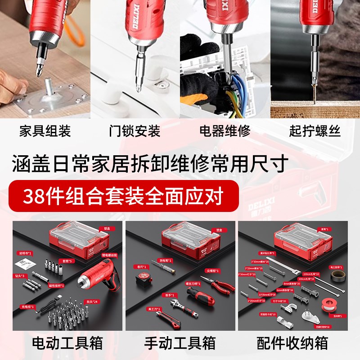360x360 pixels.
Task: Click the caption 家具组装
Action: tap(45, 131)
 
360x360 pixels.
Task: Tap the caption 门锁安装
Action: tap(135, 131)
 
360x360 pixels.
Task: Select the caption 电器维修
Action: tap(225, 131)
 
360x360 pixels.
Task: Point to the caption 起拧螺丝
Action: tap(315, 131)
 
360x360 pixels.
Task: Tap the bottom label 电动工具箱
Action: tap(67, 344)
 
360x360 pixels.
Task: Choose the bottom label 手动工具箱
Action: tap(180, 344)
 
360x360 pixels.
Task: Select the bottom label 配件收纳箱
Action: tap(292, 344)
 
